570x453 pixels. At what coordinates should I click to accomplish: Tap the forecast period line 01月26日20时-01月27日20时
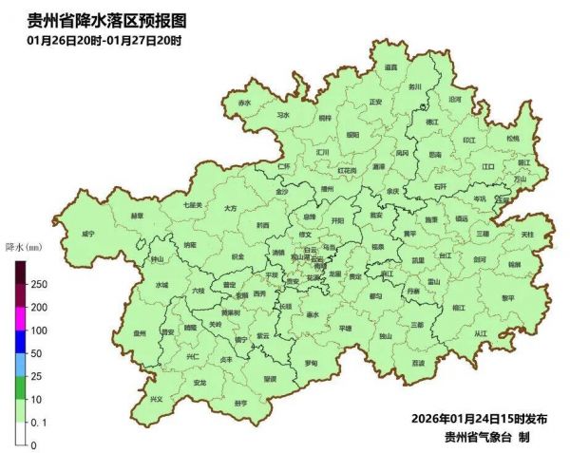point(104,40)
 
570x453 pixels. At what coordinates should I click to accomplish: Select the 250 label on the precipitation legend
point(39,285)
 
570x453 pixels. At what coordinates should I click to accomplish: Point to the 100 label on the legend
point(39,330)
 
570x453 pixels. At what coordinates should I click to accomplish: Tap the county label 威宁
point(87,234)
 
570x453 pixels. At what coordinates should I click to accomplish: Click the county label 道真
point(390,67)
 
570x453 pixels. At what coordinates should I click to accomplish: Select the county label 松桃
point(513,139)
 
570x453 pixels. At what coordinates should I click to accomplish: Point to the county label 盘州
point(140,333)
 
